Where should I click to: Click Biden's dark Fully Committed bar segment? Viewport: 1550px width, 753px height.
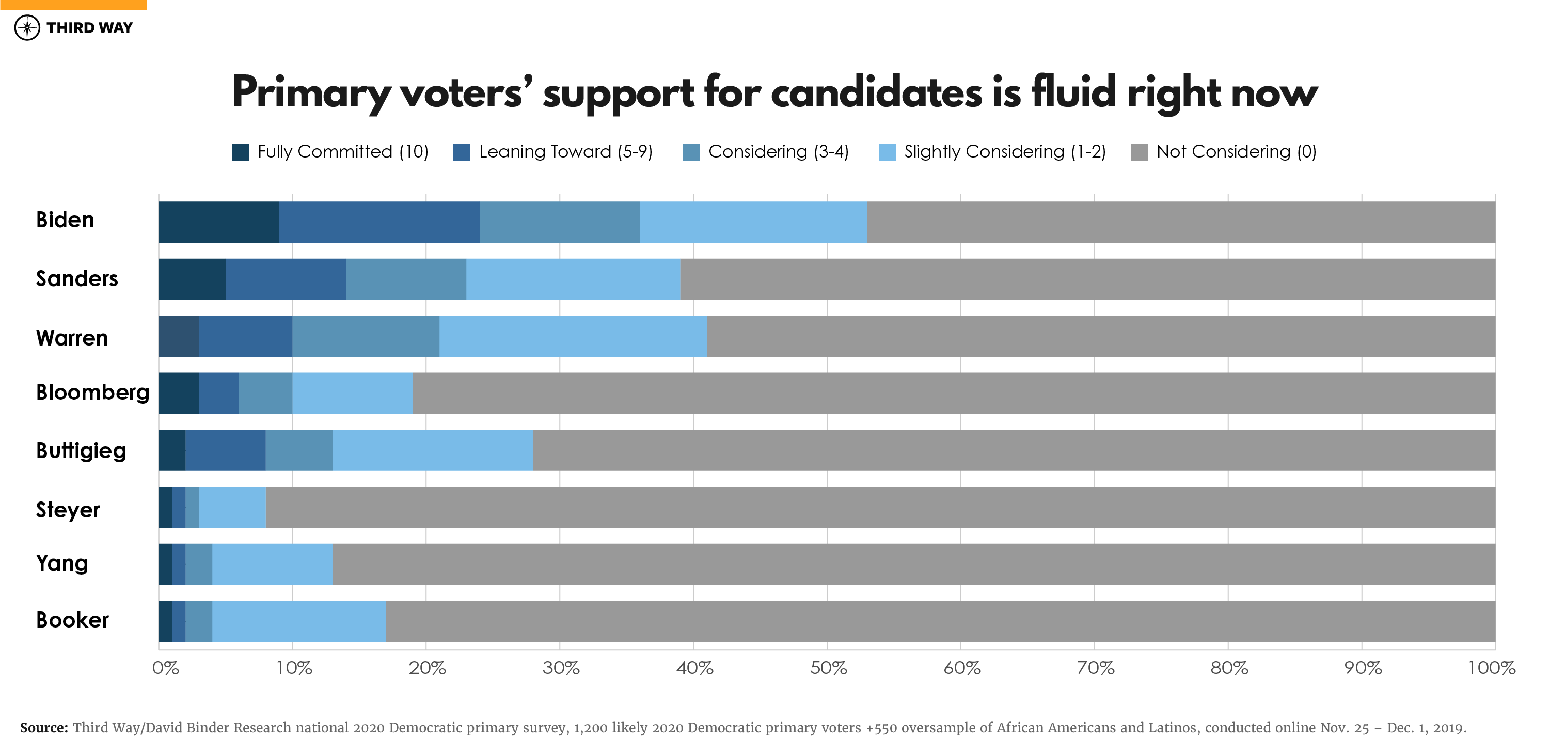[218, 222]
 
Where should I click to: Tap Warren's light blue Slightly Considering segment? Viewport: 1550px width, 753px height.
[573, 336]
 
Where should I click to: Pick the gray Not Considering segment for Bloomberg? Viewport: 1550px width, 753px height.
[954, 393]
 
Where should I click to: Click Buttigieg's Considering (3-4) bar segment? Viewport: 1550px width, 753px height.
[299, 450]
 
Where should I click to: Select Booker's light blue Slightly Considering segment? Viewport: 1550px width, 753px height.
[299, 621]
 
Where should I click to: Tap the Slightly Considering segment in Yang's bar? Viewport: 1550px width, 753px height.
[272, 564]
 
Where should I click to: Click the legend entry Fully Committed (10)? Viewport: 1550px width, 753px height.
[330, 152]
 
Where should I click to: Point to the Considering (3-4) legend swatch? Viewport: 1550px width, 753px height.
[691, 152]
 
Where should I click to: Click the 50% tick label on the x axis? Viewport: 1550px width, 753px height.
[828, 668]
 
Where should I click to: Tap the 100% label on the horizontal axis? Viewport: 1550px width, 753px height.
[1491, 668]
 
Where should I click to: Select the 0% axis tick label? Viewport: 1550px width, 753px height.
[165, 668]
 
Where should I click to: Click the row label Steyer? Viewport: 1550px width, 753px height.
[68, 510]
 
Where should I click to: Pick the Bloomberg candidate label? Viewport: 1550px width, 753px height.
[92, 393]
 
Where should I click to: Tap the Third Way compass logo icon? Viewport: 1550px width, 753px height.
[27, 28]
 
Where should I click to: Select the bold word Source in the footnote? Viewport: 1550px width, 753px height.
[43, 728]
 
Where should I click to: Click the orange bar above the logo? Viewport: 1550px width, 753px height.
[73, 4]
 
